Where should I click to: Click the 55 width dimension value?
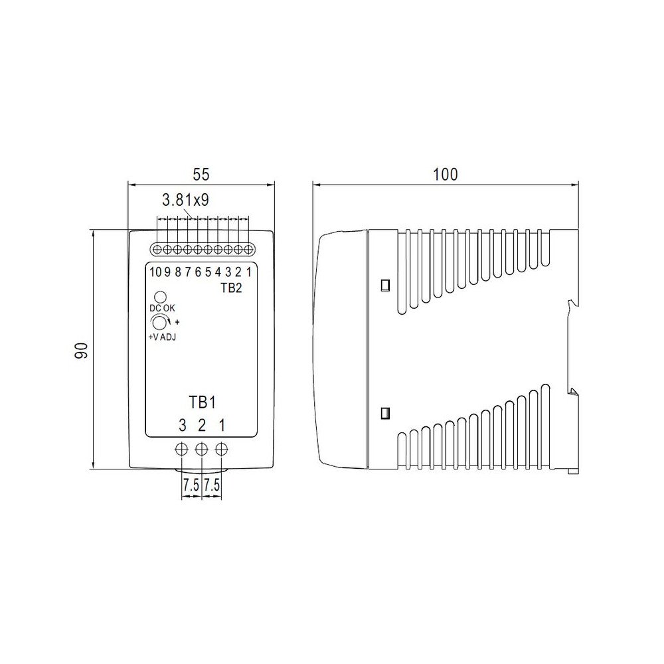[201, 174]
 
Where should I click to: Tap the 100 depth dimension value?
[445, 174]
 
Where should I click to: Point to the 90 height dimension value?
[81, 350]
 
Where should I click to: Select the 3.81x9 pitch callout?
[185, 200]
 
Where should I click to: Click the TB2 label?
[231, 288]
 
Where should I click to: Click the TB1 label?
[202, 402]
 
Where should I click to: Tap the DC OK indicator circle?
[161, 296]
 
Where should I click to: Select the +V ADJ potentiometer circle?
[159, 323]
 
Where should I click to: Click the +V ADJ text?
[162, 337]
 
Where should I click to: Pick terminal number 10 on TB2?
[155, 272]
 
